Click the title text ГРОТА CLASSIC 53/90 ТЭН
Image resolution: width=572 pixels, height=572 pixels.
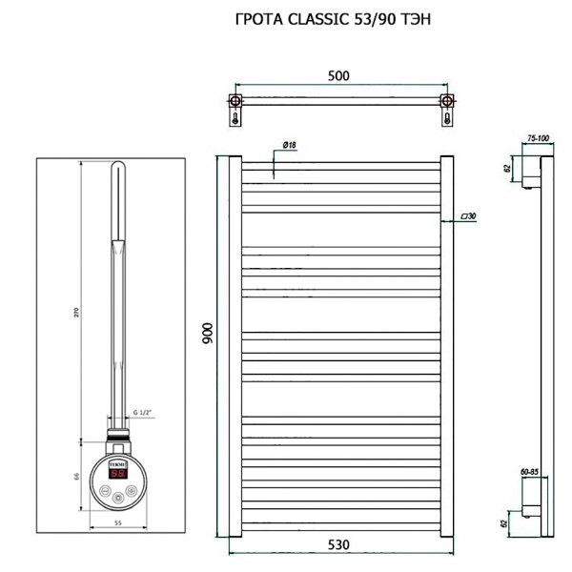point(326,19)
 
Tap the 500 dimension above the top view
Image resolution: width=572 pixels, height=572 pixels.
point(337,76)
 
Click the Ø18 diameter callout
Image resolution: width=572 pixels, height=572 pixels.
point(290,145)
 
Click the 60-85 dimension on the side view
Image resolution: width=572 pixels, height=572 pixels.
point(530,470)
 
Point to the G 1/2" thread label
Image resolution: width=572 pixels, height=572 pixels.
point(143,412)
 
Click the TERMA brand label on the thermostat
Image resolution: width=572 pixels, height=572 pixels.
point(120,461)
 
